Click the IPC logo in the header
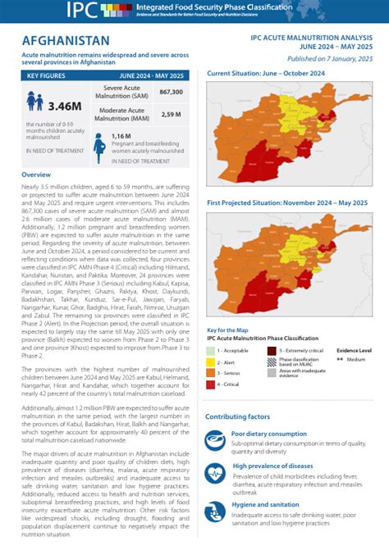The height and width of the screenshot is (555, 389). [x=85, y=11]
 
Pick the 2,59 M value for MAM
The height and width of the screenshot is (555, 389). [x=172, y=114]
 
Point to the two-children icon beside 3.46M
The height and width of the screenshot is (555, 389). [x=34, y=102]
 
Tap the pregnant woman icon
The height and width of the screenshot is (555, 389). [x=99, y=144]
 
